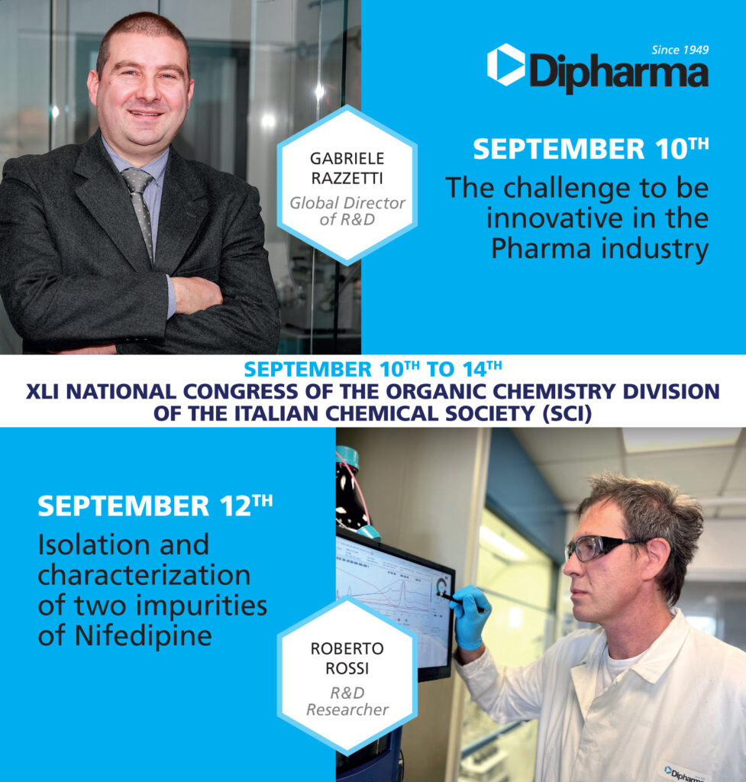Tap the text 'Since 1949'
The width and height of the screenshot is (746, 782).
[680, 50]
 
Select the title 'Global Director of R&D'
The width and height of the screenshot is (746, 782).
[347, 212]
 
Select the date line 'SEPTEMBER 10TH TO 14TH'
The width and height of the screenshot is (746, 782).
[373, 370]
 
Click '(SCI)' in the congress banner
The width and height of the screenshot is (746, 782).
[564, 413]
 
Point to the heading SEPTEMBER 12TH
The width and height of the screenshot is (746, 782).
[153, 506]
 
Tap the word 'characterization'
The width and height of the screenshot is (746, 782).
[144, 575]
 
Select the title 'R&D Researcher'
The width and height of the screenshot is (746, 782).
[347, 702]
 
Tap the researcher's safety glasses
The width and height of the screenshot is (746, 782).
[598, 546]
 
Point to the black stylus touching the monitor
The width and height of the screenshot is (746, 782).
[451, 598]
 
